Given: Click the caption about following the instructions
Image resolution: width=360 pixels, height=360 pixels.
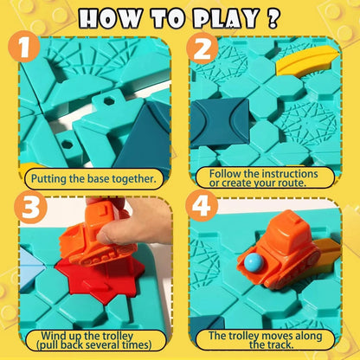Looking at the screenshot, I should tap(267, 177).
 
